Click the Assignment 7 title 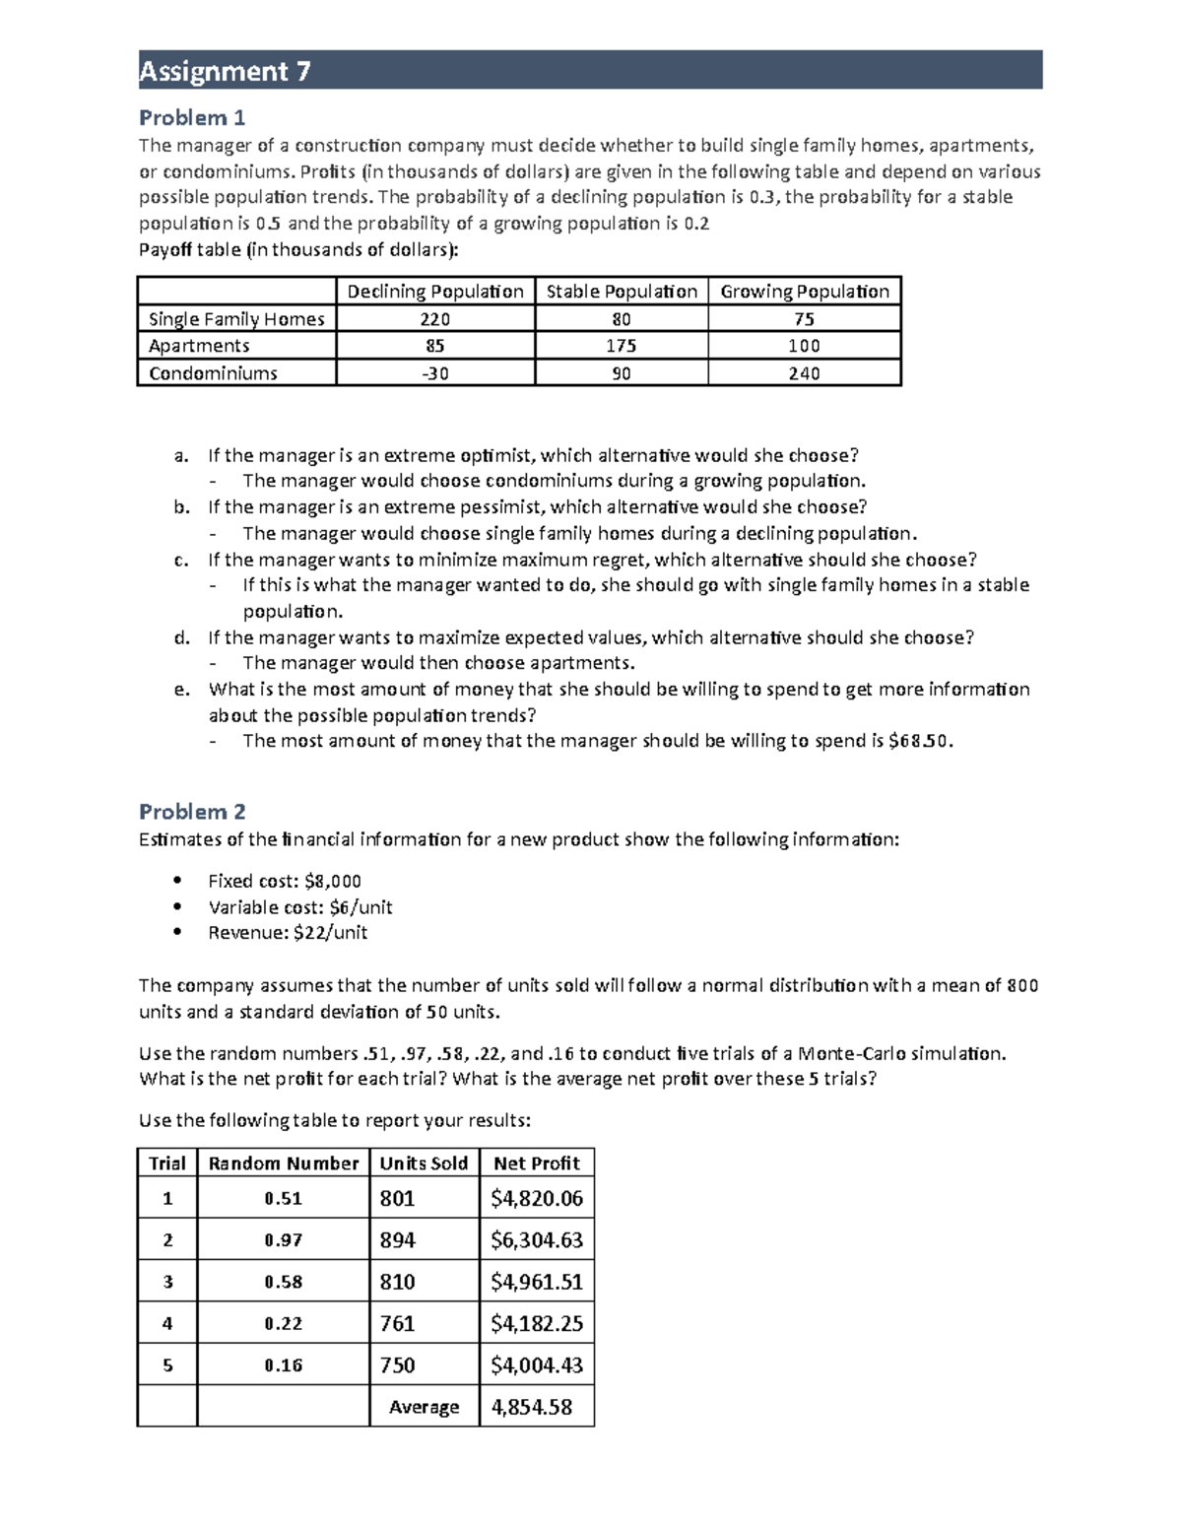tap(225, 71)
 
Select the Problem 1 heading tap(192, 118)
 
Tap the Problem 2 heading tap(192, 812)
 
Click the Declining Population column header tap(435, 292)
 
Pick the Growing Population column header tap(804, 292)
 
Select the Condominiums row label tap(213, 373)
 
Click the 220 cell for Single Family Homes tap(435, 319)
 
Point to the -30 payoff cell tap(435, 373)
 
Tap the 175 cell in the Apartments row tap(621, 346)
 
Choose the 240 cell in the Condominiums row tap(804, 373)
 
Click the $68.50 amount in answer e tap(919, 741)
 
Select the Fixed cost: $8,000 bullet tap(284, 881)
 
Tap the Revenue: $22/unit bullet tap(288, 932)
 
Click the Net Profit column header tap(537, 1164)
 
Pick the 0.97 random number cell tap(283, 1240)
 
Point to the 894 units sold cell tap(398, 1240)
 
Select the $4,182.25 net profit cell tap(537, 1323)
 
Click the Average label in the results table tap(424, 1407)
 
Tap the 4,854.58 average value tap(532, 1407)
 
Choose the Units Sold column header tap(424, 1164)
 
